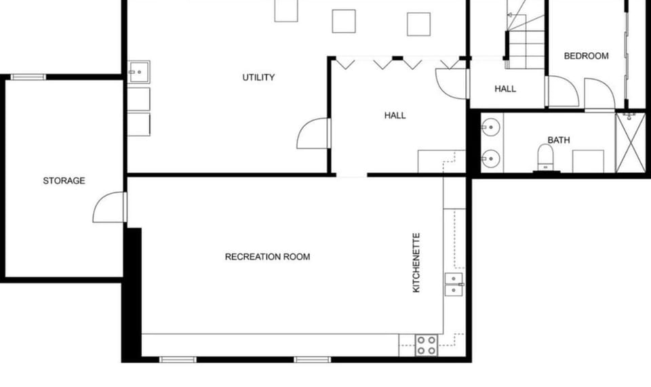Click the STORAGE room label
pyautogui.click(x=64, y=181)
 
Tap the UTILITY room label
pyautogui.click(x=258, y=77)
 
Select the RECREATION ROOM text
pyautogui.click(x=267, y=257)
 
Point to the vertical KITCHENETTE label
pyautogui.click(x=416, y=263)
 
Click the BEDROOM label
pyautogui.click(x=586, y=56)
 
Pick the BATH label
pyautogui.click(x=559, y=140)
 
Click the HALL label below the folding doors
pyautogui.click(x=395, y=115)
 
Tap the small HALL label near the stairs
pyautogui.click(x=505, y=89)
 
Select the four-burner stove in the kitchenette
pyautogui.click(x=427, y=345)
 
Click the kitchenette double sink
pyautogui.click(x=453, y=283)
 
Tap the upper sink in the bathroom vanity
pyautogui.click(x=491, y=127)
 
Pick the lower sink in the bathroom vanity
pyautogui.click(x=491, y=159)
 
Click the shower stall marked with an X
pyautogui.click(x=630, y=144)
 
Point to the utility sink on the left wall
pyautogui.click(x=138, y=71)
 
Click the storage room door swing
pyautogui.click(x=110, y=207)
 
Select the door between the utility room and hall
pyautogui.click(x=313, y=134)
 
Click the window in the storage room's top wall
pyautogui.click(x=28, y=77)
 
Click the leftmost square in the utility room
pyautogui.click(x=286, y=10)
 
